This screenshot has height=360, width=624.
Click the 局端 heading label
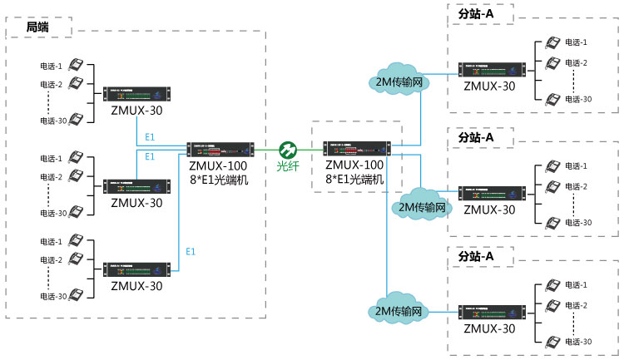point(37,27)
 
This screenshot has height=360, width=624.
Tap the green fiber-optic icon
point(288,150)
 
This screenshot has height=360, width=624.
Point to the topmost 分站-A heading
point(476,14)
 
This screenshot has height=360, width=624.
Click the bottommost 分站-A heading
point(476,257)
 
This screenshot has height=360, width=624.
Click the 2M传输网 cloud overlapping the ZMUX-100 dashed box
point(423,205)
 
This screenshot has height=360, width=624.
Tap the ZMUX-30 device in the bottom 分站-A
point(489,313)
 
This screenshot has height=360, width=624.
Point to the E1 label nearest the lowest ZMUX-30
point(191,251)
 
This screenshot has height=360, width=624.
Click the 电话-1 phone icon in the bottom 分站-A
point(552,285)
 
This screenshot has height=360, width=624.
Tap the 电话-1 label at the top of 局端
point(52,66)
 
